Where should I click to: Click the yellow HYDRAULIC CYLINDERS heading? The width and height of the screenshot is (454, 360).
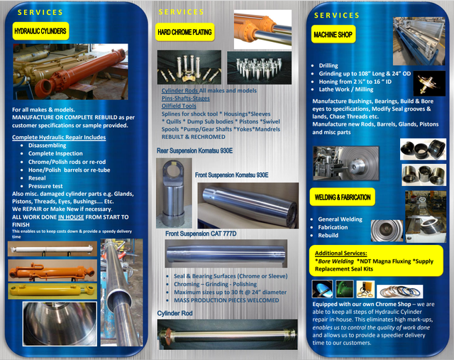click(40, 31)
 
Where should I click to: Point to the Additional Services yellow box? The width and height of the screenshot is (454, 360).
click(377, 261)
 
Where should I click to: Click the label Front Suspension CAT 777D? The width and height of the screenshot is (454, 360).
click(201, 234)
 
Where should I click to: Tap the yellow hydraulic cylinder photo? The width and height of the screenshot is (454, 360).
click(48, 291)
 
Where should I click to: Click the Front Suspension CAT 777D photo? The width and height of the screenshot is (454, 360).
click(225, 253)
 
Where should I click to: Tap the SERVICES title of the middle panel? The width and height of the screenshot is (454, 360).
click(182, 12)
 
